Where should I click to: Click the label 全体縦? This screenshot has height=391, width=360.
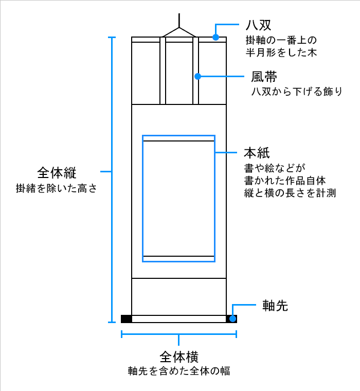click(57, 171)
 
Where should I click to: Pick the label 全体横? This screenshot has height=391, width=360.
click(179, 356)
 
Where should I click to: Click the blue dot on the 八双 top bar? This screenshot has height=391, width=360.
click(217, 37)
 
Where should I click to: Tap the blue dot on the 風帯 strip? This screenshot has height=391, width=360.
click(196, 77)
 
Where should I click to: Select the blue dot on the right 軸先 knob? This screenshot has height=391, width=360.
click(233, 318)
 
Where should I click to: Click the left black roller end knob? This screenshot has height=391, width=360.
click(127, 318)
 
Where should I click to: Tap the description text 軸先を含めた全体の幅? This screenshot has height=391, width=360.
click(179, 371)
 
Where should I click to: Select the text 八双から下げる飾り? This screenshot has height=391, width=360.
click(296, 92)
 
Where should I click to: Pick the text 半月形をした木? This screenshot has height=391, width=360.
click(280, 52)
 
